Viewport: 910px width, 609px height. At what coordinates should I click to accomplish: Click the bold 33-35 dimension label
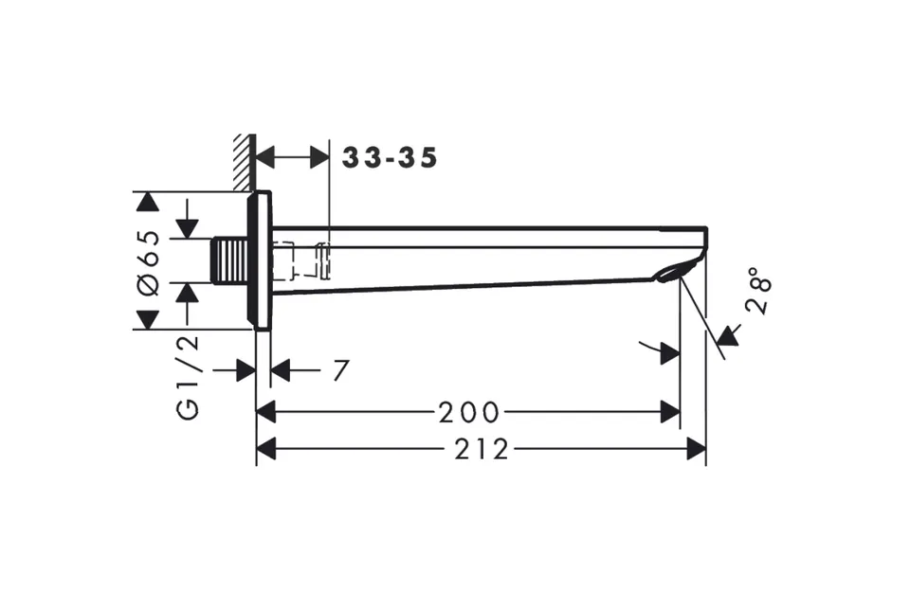tap(389, 158)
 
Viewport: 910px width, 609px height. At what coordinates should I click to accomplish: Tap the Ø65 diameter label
tap(149, 262)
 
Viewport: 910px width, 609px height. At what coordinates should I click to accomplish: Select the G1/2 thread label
tap(188, 377)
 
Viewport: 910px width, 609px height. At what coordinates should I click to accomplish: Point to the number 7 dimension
tap(341, 370)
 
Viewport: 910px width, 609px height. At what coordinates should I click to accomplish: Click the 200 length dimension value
tap(469, 412)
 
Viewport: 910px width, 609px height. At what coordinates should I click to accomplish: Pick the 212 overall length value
tap(482, 449)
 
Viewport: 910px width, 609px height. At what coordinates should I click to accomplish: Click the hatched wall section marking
tap(245, 162)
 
